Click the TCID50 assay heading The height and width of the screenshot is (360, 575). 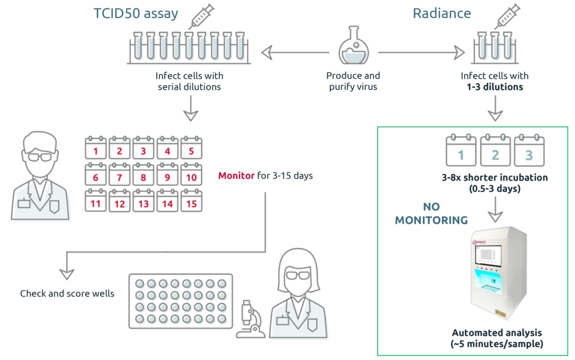(x=136, y=13)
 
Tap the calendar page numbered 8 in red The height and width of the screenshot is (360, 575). (x=144, y=176)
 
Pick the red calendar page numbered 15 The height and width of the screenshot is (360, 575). (x=191, y=202)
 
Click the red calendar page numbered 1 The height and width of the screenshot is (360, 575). (x=96, y=149)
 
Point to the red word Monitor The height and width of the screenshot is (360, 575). (x=236, y=176)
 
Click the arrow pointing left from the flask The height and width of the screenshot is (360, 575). (x=295, y=53)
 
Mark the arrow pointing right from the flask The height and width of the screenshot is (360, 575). (x=421, y=53)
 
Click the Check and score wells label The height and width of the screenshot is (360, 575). (x=67, y=293)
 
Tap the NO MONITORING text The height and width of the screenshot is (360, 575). (x=431, y=214)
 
